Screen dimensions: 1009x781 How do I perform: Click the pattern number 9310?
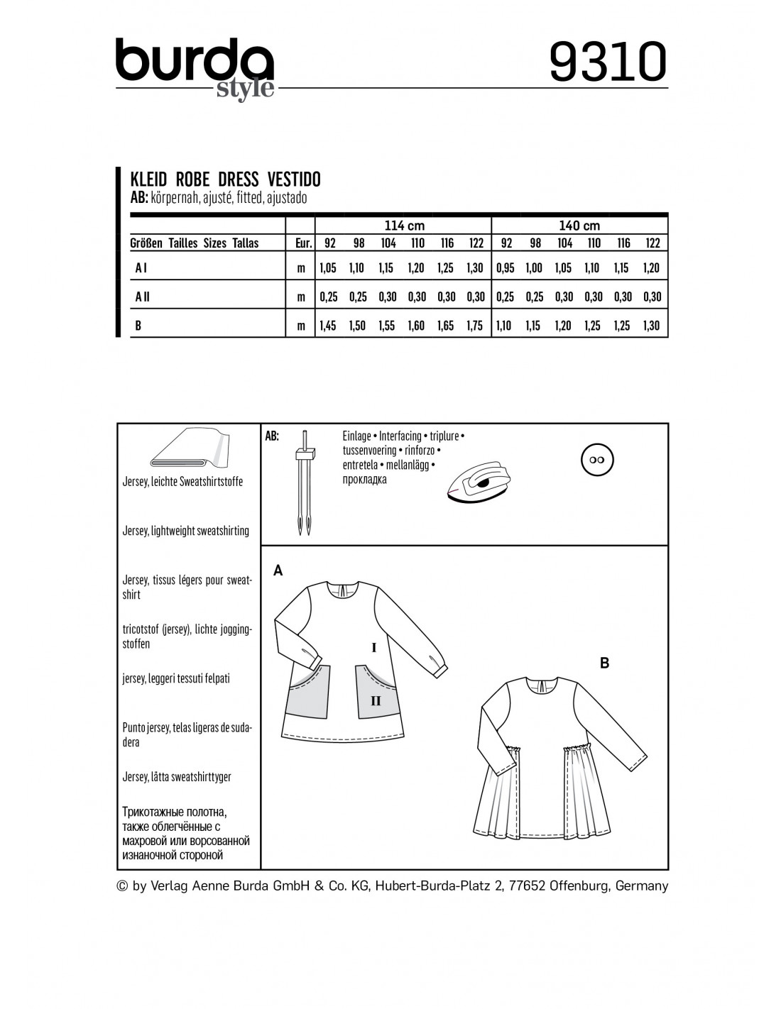coord(608,62)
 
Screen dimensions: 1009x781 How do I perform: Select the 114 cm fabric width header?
coord(404,226)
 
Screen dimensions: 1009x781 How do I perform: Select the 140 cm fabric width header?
coord(580,226)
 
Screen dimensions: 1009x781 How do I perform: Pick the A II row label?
coord(142,297)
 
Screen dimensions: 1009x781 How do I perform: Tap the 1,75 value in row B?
coord(476,326)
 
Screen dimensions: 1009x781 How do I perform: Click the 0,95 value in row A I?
coord(505,268)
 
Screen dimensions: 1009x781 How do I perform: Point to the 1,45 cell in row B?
coord(328,326)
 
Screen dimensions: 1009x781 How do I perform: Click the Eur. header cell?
coord(304,243)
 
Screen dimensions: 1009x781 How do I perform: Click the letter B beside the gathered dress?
coord(605,663)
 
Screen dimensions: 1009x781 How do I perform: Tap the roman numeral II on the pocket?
coord(376,701)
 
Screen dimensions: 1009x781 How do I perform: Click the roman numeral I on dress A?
coord(373,647)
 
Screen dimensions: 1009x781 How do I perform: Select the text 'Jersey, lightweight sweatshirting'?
coord(186,531)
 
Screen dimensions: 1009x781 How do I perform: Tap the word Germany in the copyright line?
coord(642,886)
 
